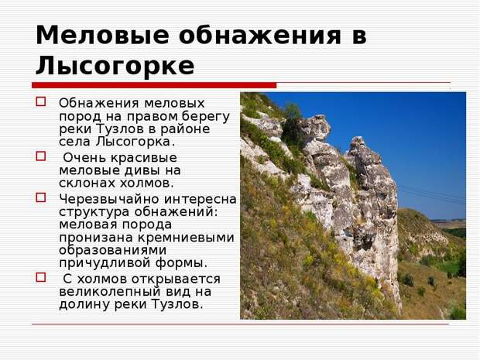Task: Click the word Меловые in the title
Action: (x=102, y=35)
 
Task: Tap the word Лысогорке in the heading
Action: (x=115, y=66)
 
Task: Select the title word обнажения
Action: (x=260, y=35)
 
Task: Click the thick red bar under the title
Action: (x=154, y=85)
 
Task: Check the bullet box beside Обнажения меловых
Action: (x=41, y=101)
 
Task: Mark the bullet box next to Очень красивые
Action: (x=41, y=156)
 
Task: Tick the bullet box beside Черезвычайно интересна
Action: (x=41, y=197)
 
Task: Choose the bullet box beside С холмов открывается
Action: (x=41, y=277)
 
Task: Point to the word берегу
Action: (x=205, y=117)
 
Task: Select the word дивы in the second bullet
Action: (x=143, y=170)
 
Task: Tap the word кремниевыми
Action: (x=186, y=238)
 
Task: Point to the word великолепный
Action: (x=110, y=292)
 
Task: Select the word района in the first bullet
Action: (x=186, y=129)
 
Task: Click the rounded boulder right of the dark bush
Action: (x=315, y=127)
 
